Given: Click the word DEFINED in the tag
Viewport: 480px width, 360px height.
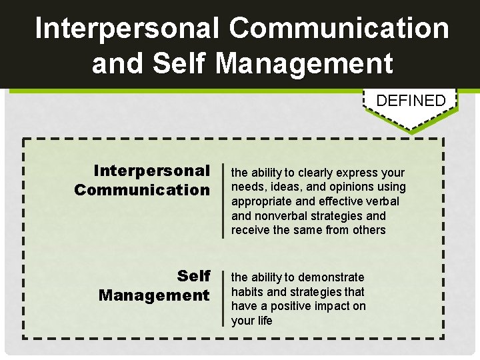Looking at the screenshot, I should pos(411,101).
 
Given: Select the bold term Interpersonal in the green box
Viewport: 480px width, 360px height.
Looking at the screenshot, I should pos(151,171).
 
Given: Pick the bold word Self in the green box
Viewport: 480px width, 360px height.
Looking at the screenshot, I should pos(193,276).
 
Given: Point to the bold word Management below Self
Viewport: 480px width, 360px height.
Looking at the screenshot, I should pos(153,295).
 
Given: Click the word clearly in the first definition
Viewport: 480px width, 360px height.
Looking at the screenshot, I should pos(312,173).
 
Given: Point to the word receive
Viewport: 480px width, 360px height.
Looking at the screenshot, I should pos(251,230).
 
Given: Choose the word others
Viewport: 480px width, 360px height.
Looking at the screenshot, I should pos(369,230).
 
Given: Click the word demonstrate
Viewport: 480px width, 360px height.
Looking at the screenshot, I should pos(331,277).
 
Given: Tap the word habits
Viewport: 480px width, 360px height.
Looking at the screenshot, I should pos(247,291).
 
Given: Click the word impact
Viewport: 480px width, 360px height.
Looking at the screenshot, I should pos(333,306).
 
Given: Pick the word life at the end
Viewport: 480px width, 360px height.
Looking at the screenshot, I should pos(265,321).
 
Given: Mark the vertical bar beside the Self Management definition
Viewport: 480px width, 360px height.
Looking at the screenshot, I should pos(223,299).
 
